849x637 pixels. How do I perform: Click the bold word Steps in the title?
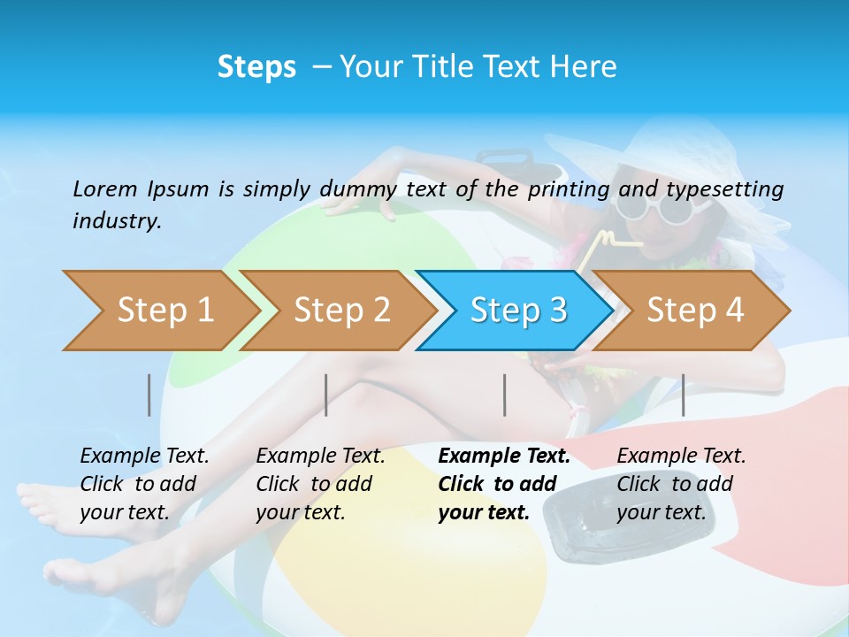pos(256,67)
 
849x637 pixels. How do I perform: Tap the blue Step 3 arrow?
pos(518,311)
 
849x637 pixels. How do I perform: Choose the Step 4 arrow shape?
pos(695,311)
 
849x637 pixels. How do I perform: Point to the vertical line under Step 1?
pos(149,395)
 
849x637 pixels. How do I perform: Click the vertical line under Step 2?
pos(326,395)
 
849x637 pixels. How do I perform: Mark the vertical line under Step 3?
pos(505,395)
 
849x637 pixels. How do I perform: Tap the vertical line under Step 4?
pos(683,395)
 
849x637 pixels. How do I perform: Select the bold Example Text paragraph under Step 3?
pos(503,484)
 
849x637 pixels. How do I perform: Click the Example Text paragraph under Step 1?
pos(144,484)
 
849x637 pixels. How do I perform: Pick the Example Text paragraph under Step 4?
pos(681,484)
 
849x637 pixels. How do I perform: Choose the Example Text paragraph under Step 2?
pos(320,484)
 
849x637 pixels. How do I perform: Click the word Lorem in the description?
pos(105,188)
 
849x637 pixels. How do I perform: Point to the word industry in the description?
pos(116,221)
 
